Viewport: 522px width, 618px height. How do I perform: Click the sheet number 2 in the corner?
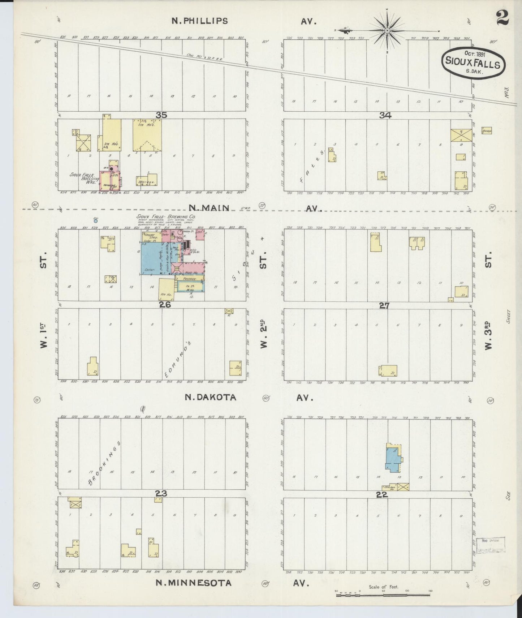tap(502, 18)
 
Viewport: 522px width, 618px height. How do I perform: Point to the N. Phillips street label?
tap(199, 21)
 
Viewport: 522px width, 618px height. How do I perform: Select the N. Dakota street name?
tap(211, 398)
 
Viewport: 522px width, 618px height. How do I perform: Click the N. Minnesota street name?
tap(193, 593)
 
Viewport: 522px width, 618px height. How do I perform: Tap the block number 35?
tap(161, 115)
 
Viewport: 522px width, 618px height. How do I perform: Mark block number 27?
tap(384, 305)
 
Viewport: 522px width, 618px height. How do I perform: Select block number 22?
tap(382, 495)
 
